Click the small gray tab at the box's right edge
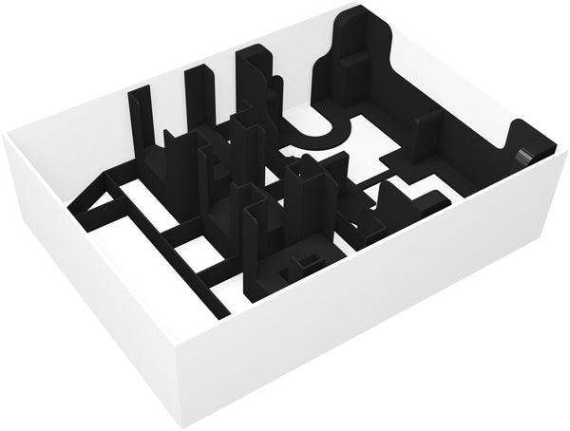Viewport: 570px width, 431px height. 523,155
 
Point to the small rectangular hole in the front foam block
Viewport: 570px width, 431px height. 307,261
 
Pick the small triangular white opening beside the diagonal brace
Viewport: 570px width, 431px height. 108,202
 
